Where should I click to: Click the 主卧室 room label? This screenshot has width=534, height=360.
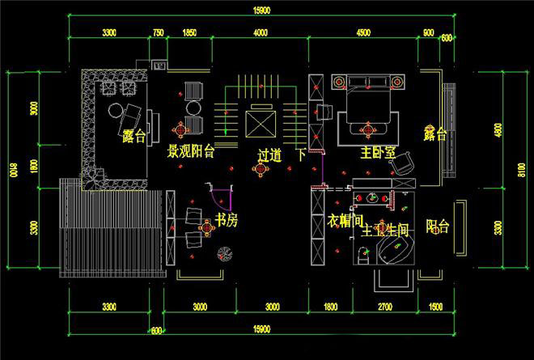point(378,151)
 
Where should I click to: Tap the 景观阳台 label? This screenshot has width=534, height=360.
point(190,151)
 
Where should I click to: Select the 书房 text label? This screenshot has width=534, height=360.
point(225,220)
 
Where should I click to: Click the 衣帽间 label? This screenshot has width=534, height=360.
point(343,220)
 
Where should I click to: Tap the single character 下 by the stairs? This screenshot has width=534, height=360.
point(301,155)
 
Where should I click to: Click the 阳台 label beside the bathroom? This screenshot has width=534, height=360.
point(438,227)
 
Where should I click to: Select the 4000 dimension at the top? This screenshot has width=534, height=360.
point(260,32)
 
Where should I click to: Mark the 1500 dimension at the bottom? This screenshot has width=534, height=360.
point(436,307)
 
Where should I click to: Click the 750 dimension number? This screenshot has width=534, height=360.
point(158,32)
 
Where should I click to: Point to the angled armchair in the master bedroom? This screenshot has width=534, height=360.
point(402,164)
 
